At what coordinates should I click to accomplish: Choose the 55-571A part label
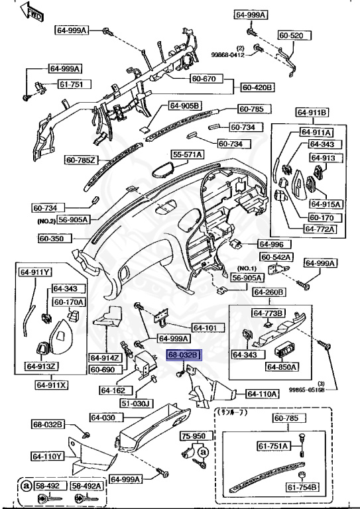(x=187, y=154)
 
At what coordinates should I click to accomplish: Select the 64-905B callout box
(x=184, y=105)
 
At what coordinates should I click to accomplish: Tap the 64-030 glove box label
(x=103, y=418)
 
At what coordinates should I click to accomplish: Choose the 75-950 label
(x=194, y=437)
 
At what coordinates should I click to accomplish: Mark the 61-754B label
(x=302, y=488)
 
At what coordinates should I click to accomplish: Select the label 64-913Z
(x=41, y=366)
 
